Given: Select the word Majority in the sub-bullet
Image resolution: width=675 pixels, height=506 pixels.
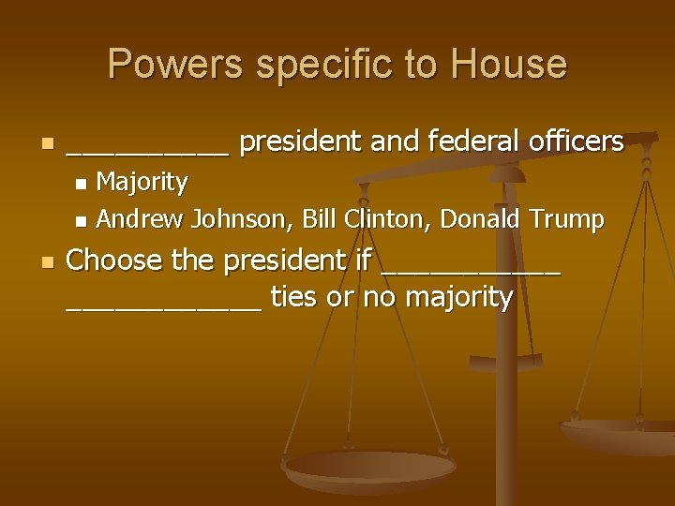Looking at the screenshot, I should tap(142, 180).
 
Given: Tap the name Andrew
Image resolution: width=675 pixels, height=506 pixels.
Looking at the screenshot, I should tap(141, 219).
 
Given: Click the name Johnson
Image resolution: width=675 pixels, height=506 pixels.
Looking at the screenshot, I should tap(239, 220).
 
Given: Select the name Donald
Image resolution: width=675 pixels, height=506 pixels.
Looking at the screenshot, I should tap(481, 219).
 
